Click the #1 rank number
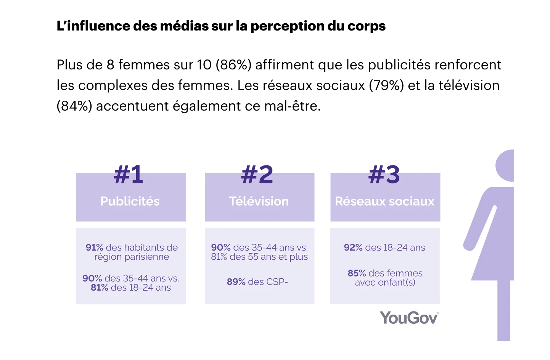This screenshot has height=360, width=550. point(129,175)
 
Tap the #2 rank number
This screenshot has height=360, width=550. point(257,175)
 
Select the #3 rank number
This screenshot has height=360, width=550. point(384,175)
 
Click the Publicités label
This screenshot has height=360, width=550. point(130,201)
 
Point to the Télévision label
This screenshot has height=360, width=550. point(259,201)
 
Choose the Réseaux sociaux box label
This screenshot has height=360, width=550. point(384,201)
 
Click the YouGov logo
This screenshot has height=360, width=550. point(409,318)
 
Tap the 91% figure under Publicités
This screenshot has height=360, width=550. point(94,247)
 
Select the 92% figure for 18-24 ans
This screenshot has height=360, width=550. point(353,247)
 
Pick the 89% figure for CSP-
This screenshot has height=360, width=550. point(236,282)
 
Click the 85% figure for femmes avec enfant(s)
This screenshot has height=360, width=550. point(357,273)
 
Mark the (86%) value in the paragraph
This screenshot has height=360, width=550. point(233,65)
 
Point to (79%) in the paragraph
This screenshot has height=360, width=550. point(386,85)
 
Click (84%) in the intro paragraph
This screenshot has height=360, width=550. point(74,106)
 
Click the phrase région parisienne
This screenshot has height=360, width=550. point(132,257)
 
